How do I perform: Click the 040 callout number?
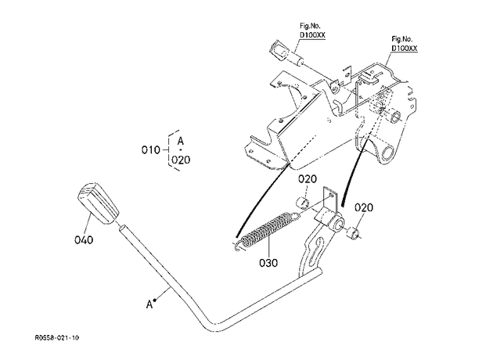84,240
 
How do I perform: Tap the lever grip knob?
98,203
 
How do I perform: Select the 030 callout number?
268,262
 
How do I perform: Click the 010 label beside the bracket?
151,150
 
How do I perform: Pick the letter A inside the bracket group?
181,141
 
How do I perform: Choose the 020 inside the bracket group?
181,160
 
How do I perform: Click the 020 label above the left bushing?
308,179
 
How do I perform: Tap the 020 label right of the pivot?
364,207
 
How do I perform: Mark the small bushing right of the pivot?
354,233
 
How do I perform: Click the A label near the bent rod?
149,304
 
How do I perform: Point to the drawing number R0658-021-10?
57,338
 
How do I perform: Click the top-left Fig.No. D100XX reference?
312,31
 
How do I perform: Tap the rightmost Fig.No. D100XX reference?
404,44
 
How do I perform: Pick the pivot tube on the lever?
330,221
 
